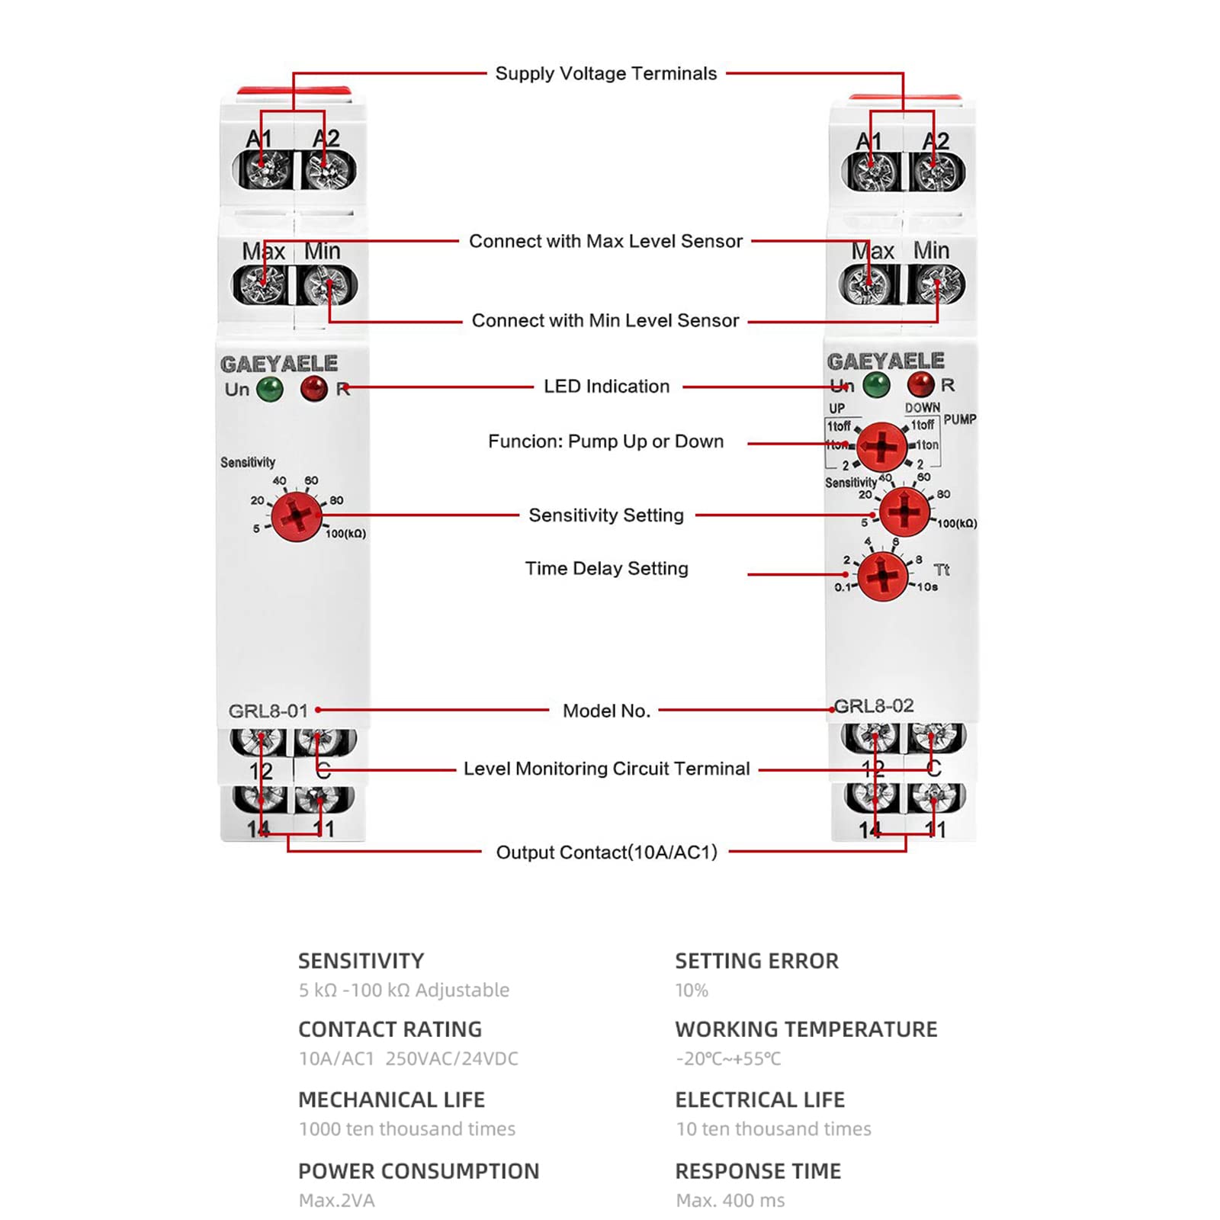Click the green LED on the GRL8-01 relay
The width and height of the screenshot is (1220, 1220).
[x=270, y=390]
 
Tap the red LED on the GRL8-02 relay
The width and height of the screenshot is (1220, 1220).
[x=920, y=384]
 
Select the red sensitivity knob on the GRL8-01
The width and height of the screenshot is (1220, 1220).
[x=296, y=516]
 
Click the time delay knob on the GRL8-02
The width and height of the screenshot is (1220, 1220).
[x=883, y=575]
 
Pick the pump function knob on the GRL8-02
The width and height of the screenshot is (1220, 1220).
[x=881, y=446]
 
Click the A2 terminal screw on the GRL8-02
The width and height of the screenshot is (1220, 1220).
[x=936, y=172]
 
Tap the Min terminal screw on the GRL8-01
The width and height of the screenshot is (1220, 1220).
[x=328, y=286]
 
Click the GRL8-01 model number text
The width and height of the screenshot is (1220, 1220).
[x=268, y=711]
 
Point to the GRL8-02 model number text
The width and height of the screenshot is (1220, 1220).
[x=874, y=706]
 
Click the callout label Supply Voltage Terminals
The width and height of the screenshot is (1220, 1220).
[x=606, y=74]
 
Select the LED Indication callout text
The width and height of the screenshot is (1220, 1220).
[x=606, y=387]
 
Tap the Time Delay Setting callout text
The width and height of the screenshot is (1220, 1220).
[x=606, y=569]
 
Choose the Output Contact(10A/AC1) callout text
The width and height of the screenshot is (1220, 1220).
[x=606, y=852]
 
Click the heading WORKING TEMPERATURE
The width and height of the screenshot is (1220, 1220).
[x=806, y=1029]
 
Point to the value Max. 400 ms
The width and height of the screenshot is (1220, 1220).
[x=730, y=1201]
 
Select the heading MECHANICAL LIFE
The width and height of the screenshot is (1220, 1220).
[x=391, y=1100]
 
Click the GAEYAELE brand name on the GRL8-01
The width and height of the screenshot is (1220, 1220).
[x=279, y=364]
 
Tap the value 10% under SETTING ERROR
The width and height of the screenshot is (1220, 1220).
[x=692, y=990]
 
